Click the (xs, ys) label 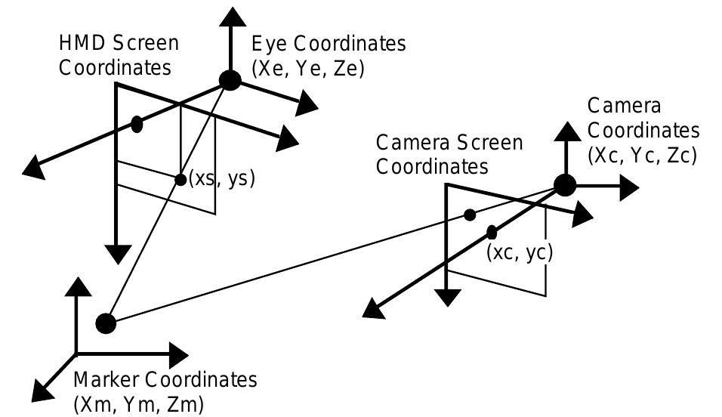coord(222,179)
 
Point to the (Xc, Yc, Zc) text coord(641,155)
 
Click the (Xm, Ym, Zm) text coord(138,404)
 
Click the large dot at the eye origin coord(230,80)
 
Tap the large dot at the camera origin coord(564,184)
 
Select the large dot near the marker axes coord(106,323)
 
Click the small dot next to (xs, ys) coord(180,179)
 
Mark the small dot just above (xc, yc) coord(492,231)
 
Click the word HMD coord(79,44)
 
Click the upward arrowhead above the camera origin coord(565,129)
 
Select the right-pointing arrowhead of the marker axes coord(176,353)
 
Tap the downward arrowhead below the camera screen coord(448,297)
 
